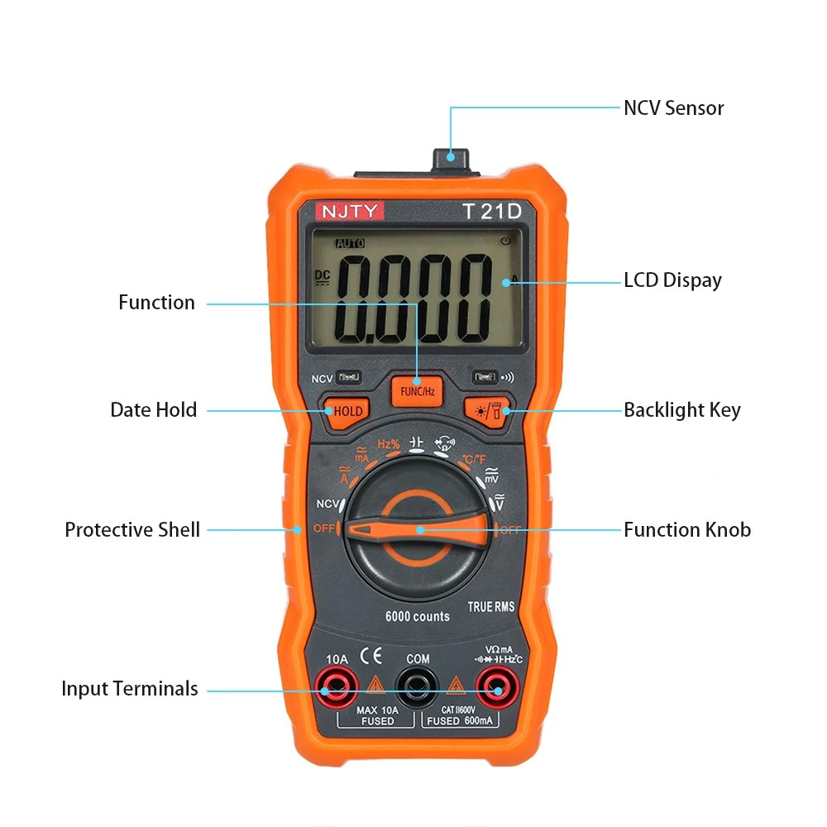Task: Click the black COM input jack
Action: click(417, 685)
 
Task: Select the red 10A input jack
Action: click(337, 685)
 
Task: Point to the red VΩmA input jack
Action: click(496, 685)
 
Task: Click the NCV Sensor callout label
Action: click(673, 108)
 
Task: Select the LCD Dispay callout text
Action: click(672, 280)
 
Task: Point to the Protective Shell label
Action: click(132, 529)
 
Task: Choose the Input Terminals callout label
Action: click(130, 688)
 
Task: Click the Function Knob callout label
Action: click(687, 529)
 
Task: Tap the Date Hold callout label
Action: click(154, 409)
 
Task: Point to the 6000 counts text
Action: click(417, 616)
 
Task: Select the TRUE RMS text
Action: click(491, 607)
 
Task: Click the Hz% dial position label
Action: click(389, 444)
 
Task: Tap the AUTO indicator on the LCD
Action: click(349, 244)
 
